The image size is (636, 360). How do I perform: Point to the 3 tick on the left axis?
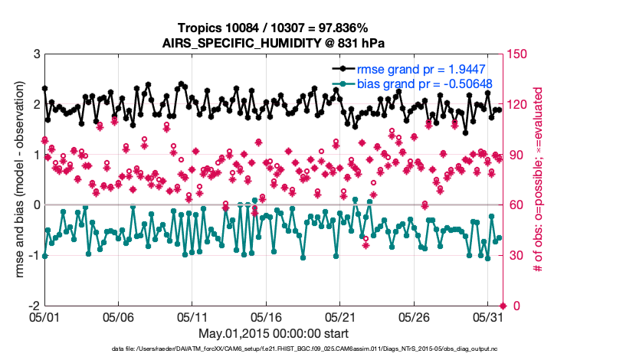36,54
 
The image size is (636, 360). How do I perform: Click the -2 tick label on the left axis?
34,306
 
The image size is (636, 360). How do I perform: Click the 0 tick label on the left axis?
36,205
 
